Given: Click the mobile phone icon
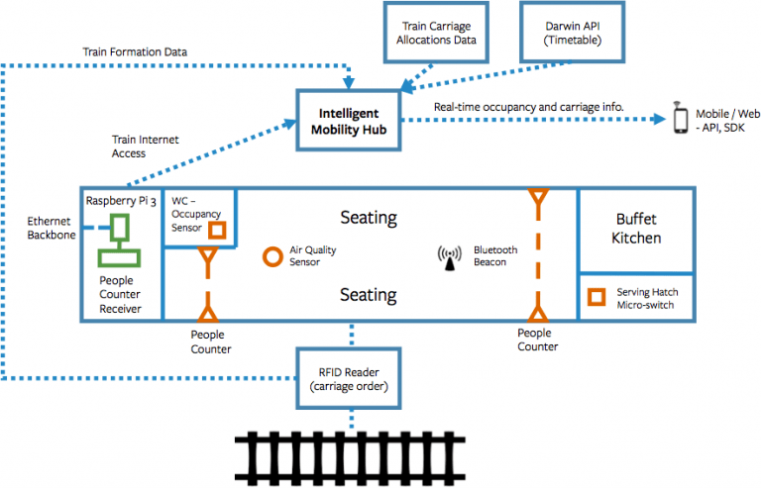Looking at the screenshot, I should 681,118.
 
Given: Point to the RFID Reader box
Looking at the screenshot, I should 351,377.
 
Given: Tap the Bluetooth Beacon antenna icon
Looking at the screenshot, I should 449,257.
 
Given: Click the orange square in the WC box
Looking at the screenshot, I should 216,231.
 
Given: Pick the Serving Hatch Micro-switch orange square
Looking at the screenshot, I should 597,297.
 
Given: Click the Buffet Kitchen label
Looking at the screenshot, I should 636,228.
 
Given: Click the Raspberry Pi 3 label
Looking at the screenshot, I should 121,201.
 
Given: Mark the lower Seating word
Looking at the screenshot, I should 368,294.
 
